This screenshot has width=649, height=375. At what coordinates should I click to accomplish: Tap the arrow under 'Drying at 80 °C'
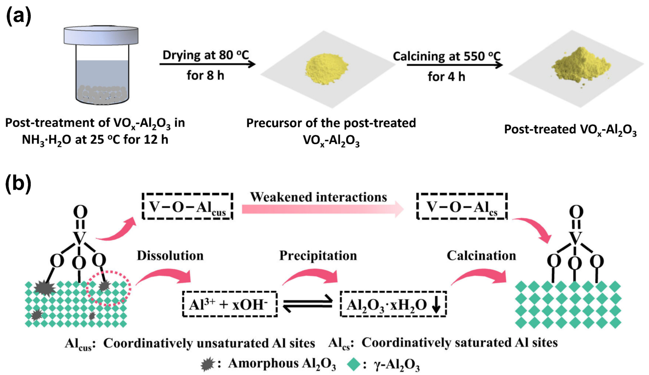tap(207, 64)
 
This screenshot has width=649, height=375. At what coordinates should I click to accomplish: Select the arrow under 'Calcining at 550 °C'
tap(454, 65)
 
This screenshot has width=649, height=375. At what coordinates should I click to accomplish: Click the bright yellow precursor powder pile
tap(326, 68)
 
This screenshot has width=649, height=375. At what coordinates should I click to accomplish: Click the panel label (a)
tap(19, 16)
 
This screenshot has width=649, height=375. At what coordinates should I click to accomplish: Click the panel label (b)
tap(18, 183)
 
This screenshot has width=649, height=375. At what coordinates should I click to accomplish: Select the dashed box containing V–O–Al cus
tap(188, 207)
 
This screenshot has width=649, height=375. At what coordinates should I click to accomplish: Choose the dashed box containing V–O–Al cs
tap(462, 207)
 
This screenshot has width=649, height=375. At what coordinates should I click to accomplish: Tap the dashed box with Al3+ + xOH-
tap(230, 304)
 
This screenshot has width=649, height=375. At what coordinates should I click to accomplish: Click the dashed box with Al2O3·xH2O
tap(393, 304)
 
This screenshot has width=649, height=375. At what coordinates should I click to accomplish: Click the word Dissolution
tap(170, 256)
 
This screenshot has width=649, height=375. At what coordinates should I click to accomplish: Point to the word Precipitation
tap(318, 256)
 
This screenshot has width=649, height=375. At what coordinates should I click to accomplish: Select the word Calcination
tap(481, 256)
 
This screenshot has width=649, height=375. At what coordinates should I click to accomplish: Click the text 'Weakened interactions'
tap(318, 197)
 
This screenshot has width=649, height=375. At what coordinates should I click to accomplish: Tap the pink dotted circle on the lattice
tap(109, 288)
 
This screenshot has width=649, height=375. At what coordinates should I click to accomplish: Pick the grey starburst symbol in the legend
tap(208, 364)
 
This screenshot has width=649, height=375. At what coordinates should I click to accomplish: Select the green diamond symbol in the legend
tap(354, 364)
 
